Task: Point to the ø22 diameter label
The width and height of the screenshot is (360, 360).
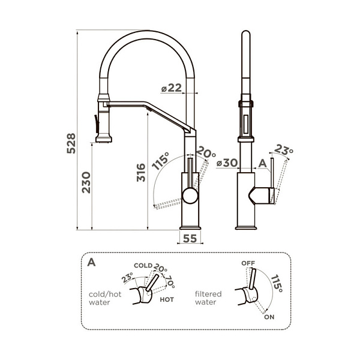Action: tap(171, 88)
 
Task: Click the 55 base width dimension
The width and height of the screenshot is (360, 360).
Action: tap(190, 238)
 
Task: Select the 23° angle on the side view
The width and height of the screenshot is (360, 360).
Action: tap(284, 151)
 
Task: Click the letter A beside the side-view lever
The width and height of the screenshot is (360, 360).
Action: tap(262, 163)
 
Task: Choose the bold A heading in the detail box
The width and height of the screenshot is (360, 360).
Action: tap(91, 262)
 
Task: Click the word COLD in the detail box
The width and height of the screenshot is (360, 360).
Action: tap(142, 265)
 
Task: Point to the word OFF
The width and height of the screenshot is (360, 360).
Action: tap(248, 263)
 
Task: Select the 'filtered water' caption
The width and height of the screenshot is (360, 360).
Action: tap(208, 299)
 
